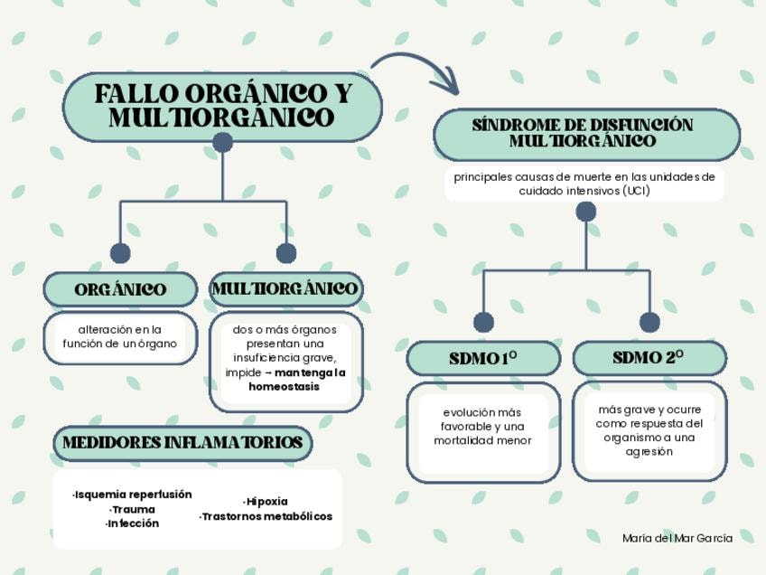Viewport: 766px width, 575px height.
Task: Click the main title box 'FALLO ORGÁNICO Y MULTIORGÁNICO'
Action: [222, 106]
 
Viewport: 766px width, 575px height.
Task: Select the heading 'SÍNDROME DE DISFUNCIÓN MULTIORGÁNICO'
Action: [586, 134]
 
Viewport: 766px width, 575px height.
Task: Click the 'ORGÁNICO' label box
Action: [120, 289]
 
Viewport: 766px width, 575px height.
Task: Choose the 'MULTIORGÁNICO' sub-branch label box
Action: [285, 289]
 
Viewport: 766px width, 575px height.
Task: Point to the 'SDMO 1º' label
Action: [483, 359]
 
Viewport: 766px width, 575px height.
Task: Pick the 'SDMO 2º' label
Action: [649, 358]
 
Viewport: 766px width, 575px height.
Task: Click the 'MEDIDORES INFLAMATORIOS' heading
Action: [182, 443]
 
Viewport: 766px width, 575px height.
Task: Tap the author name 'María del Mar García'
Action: [677, 538]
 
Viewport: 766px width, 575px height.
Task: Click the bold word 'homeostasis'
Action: [284, 386]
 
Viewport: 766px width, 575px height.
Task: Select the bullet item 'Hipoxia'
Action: [266, 501]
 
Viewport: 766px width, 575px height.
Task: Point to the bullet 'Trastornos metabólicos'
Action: [266, 516]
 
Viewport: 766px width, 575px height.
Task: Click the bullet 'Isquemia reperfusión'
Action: [133, 495]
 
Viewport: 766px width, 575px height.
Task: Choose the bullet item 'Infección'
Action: [133, 523]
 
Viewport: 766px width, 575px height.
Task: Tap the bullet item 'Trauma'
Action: [133, 509]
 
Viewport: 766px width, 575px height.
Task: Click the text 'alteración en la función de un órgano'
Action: [119, 336]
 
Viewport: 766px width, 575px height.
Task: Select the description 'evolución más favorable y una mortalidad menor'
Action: [482, 427]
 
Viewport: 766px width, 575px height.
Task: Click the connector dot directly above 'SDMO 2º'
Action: [649, 322]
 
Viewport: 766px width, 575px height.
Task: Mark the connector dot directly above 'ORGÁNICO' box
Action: [120, 253]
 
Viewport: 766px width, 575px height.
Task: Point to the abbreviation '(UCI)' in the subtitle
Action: [635, 191]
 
